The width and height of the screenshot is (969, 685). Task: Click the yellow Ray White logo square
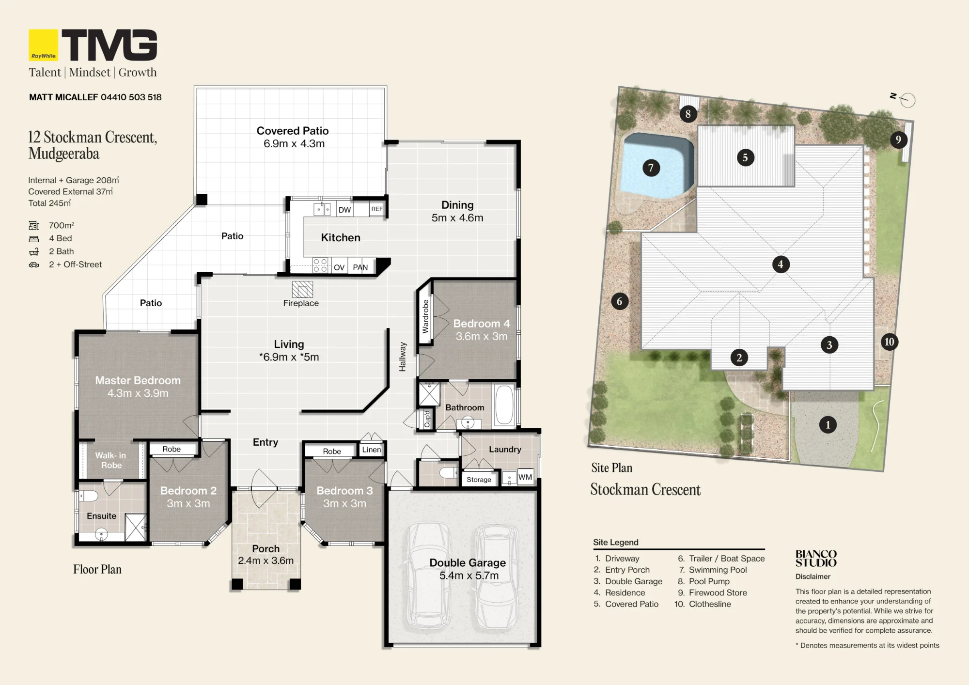coord(44,45)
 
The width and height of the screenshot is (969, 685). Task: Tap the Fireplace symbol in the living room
coord(302,289)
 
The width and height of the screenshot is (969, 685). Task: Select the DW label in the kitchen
coord(344,210)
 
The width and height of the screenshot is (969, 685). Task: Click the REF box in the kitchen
coord(377,209)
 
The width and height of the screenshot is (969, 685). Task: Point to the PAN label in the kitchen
coord(360,267)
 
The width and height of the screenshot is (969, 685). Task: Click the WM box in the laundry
coord(525,477)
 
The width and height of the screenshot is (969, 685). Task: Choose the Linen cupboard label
coord(372,450)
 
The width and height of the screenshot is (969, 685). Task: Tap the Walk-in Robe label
coord(111,460)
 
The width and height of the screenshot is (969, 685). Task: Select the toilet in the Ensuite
coord(89,496)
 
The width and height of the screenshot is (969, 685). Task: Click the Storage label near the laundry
coord(479,480)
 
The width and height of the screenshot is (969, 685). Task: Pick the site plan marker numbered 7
coord(651,168)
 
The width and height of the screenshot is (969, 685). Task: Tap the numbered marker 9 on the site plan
coord(898,140)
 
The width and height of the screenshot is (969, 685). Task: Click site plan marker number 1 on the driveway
coord(828,425)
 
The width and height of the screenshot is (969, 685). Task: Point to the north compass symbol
coord(904,99)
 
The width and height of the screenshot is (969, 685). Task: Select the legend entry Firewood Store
coord(718,592)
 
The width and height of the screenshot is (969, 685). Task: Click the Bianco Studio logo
coord(816,559)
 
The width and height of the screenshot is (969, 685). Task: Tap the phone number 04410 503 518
coord(131,97)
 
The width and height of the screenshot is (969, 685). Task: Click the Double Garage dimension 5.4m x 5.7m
coord(469,576)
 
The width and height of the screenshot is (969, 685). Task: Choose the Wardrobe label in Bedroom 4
coord(425,316)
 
